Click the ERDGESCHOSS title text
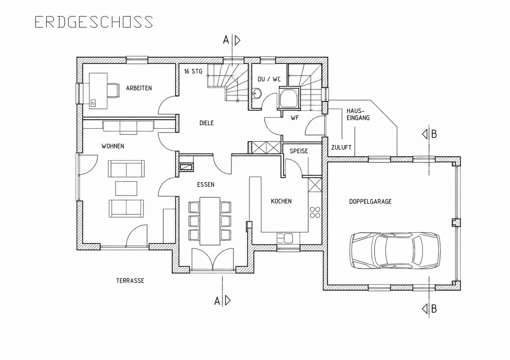[94, 22]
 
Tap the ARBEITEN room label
[139, 88]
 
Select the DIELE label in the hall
[206, 123]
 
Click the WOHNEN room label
[113, 146]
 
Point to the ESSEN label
[205, 184]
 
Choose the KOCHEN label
[281, 201]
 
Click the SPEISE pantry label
[299, 151]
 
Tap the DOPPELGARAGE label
[370, 202]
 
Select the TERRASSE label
[130, 281]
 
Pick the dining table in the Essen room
[210, 221]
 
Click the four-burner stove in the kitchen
[315, 212]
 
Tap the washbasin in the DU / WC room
[257, 93]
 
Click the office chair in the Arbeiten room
[113, 91]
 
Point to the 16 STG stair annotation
[193, 71]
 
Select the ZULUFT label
[341, 148]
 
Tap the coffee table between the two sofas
[126, 189]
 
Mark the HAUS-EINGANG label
[358, 114]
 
